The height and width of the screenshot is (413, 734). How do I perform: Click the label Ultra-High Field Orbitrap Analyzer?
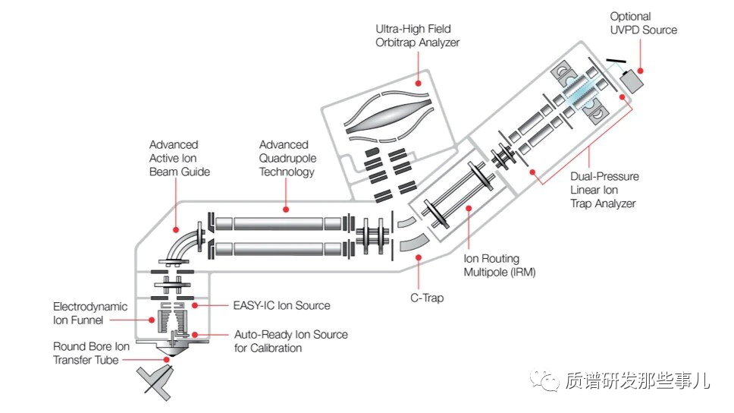pyautogui.click(x=418, y=36)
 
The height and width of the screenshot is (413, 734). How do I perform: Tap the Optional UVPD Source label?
pyautogui.click(x=643, y=23)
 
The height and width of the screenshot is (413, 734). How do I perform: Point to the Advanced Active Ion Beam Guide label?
pyautogui.click(x=179, y=158)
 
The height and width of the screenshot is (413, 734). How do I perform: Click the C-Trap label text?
pyautogui.click(x=426, y=298)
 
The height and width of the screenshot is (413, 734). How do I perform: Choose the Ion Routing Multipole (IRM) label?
pyautogui.click(x=499, y=265)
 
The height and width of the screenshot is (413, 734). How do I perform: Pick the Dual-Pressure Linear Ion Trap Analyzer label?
pyautogui.click(x=604, y=190)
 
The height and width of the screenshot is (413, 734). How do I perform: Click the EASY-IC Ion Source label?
pyautogui.click(x=281, y=305)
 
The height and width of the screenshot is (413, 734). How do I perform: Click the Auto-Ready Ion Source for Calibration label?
pyautogui.click(x=290, y=341)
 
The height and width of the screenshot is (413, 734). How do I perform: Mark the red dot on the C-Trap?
pyautogui.click(x=416, y=259)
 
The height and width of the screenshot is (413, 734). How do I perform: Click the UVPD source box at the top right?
pyautogui.click(x=631, y=79)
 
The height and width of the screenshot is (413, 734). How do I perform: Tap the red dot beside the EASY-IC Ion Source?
pyautogui.click(x=196, y=305)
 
